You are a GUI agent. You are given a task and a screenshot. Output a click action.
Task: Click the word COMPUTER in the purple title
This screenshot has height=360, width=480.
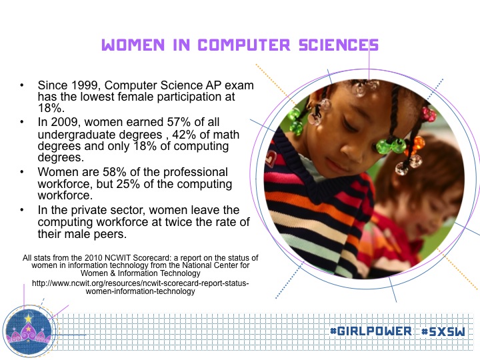click(x=244, y=45)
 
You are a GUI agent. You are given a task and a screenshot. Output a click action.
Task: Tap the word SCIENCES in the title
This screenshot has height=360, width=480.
click(x=339, y=45)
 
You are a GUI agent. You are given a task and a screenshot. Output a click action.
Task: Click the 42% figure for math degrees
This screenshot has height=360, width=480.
click(x=184, y=135)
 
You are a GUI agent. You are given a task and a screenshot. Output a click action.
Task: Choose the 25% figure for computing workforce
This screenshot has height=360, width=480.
click(x=128, y=184)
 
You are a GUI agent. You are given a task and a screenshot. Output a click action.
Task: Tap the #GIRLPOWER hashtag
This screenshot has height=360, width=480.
click(x=371, y=331)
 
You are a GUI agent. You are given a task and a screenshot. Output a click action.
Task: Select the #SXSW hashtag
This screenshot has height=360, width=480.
click(x=443, y=331)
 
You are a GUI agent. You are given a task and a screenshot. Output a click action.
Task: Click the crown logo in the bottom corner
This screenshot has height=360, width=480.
click(x=29, y=331)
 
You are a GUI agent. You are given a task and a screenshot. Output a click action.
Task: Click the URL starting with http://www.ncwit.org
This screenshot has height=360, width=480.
click(x=140, y=287)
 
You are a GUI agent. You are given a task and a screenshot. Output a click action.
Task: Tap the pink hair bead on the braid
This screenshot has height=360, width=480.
click(x=429, y=114)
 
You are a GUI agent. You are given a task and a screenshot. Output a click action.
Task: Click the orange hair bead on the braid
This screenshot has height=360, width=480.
click(x=415, y=145)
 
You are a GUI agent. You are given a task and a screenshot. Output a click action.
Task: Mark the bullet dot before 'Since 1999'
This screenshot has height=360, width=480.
click(x=22, y=85)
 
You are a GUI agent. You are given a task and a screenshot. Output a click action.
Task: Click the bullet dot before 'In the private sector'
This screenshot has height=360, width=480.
click(x=22, y=210)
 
